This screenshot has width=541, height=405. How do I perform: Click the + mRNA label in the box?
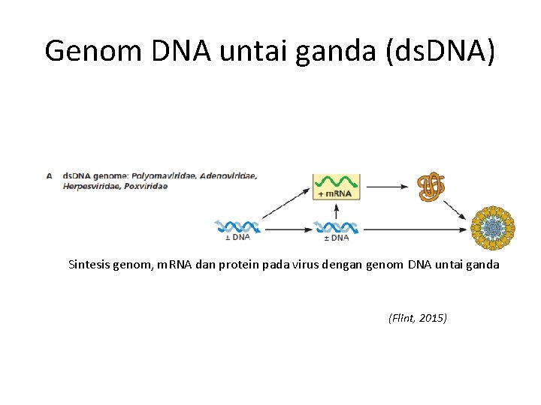337,193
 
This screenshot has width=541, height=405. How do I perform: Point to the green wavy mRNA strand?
337,181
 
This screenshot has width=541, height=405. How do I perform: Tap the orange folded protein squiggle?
431,187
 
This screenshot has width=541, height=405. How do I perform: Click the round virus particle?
493,227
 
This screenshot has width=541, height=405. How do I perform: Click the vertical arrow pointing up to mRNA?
337,210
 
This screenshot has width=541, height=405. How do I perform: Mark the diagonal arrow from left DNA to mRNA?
286,203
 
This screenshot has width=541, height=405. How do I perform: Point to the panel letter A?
49,176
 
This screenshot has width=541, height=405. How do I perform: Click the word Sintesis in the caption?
89,264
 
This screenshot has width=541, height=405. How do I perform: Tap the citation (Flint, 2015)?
417,318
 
